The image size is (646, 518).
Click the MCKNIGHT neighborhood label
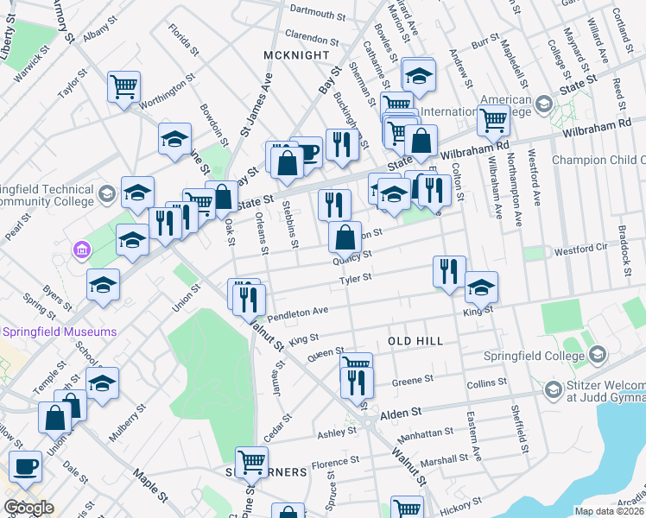pyautogui.click(x=297, y=55)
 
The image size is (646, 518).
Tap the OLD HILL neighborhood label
pyautogui.click(x=416, y=341)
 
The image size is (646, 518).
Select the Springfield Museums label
pyautogui.click(x=60, y=332)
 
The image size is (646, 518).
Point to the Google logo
pyautogui.click(x=28, y=508)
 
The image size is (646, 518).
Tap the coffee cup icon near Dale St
pyautogui.click(x=26, y=465)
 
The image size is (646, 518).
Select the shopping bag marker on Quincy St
pyautogui.click(x=345, y=237)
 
